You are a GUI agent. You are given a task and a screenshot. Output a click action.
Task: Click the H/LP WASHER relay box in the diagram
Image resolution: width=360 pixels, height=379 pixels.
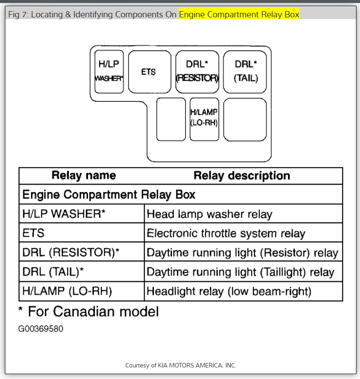coord(109,72)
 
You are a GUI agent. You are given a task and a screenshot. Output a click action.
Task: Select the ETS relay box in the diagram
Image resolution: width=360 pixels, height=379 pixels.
coord(148,72)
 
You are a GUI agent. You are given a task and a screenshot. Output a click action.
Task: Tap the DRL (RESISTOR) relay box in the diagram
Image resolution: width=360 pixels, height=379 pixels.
coord(197,72)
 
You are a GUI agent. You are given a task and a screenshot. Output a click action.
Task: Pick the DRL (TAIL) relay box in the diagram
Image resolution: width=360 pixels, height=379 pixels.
coord(245,72)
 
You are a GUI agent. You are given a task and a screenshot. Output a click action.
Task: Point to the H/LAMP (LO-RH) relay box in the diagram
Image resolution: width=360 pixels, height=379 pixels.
coord(204,119)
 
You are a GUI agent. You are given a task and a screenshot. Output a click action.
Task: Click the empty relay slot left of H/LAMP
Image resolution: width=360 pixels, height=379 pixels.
coord(171,119)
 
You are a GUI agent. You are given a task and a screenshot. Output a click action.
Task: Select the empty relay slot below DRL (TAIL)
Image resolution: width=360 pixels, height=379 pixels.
coord(245,119)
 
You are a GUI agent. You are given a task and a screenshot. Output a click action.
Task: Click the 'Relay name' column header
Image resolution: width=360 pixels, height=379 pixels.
coord(84,176)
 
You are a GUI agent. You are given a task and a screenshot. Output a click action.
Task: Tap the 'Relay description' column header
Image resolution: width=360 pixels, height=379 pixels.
coord(242,176)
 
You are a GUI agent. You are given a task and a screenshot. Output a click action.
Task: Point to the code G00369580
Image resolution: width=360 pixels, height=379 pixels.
coord(40,329)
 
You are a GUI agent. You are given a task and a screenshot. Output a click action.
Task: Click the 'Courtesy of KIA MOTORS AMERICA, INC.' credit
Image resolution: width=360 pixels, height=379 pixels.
coord(180,365)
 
